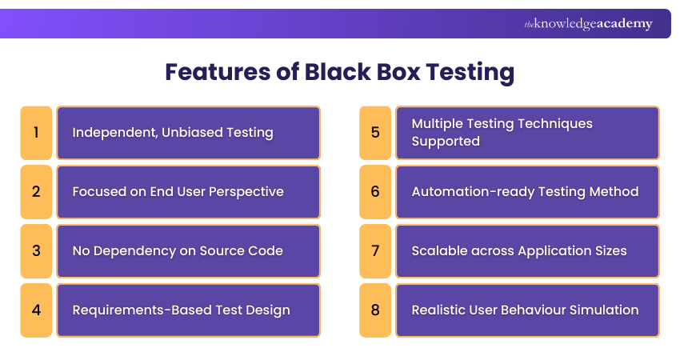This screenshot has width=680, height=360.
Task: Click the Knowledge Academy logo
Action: [x=588, y=24]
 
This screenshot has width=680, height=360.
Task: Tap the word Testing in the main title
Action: [x=470, y=72]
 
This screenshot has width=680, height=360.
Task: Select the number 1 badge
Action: [x=36, y=132]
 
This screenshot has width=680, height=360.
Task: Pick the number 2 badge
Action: [x=36, y=191]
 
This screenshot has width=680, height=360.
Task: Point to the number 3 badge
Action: [x=36, y=250]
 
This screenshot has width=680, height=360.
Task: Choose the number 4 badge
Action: [x=36, y=310]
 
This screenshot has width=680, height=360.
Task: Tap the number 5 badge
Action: [x=375, y=132]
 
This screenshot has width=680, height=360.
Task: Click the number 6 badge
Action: [x=375, y=191]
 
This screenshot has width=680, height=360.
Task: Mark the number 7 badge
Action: [x=375, y=250]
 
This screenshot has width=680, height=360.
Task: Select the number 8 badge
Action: [x=375, y=310]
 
